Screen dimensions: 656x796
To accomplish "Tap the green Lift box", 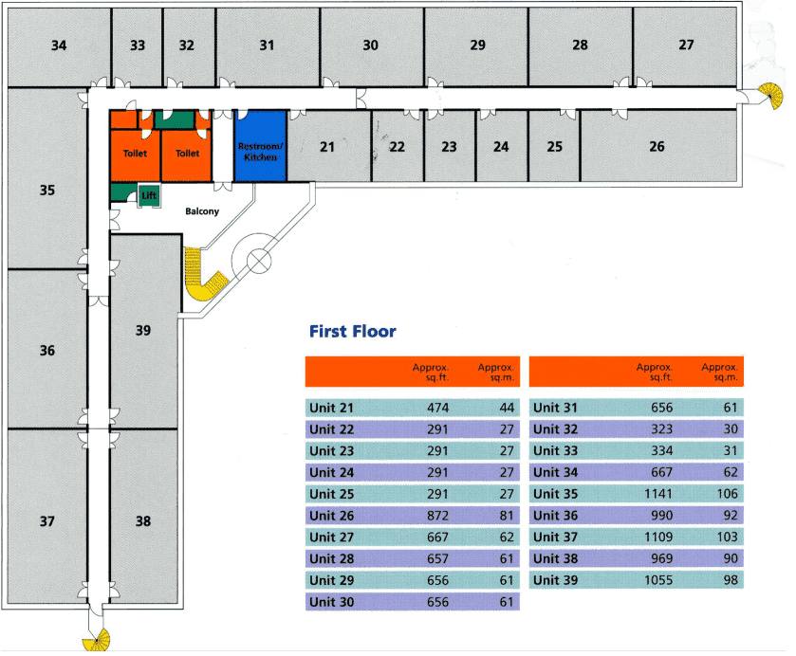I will (148, 195).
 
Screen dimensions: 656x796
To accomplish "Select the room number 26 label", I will (657, 146).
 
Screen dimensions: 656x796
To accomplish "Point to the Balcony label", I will (202, 211).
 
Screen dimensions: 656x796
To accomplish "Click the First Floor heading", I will (353, 332).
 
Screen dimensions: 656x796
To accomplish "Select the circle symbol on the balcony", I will (259, 261).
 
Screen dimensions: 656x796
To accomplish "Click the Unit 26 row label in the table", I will (331, 516).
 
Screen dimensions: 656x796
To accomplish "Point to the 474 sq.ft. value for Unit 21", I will (435, 409).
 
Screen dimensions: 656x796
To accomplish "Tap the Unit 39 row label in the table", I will (555, 579).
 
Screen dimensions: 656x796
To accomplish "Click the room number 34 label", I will (59, 46).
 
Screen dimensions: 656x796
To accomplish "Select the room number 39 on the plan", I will (143, 330).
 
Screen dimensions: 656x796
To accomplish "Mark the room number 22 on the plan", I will (397, 147).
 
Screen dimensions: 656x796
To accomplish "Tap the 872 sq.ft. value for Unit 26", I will (435, 516).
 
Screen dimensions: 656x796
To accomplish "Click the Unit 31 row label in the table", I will (555, 409).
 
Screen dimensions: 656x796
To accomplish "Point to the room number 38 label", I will (143, 520).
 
